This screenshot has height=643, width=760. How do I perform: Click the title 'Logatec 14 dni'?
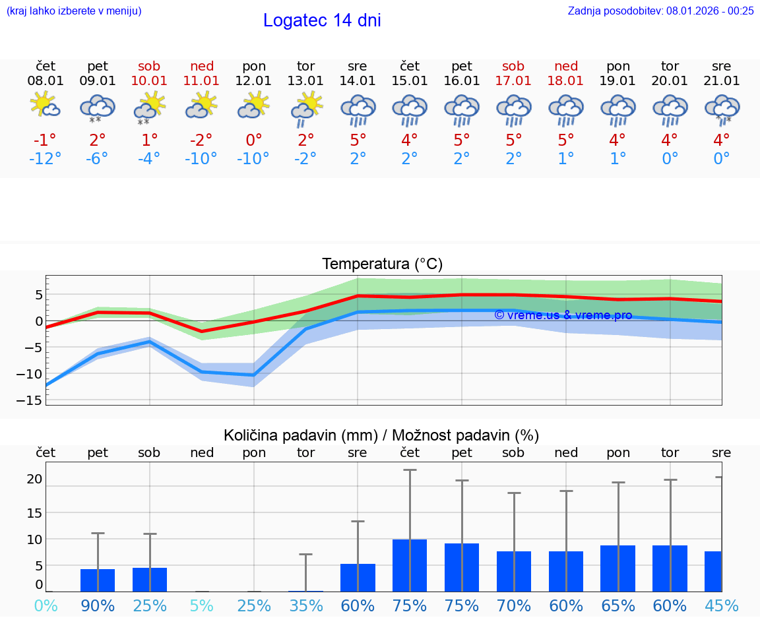click(322, 20)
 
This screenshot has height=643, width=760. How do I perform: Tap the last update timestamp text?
click(660, 11)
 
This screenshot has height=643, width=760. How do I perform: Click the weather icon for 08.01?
click(46, 106)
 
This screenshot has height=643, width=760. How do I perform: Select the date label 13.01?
click(305, 81)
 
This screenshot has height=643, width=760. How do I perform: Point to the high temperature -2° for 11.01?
click(202, 140)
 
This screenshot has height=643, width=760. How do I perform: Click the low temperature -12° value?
click(46, 159)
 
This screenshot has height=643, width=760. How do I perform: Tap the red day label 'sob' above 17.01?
click(513, 66)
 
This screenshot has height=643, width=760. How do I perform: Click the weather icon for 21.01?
click(721, 107)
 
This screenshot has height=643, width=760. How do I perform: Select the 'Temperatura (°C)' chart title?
click(382, 264)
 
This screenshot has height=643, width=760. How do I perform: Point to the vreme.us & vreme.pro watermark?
click(563, 315)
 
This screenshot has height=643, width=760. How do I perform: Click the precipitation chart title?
click(381, 435)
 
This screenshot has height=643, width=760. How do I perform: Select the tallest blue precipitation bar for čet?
click(410, 565)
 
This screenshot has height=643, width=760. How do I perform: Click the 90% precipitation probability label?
click(98, 605)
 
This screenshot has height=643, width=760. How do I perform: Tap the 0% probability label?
click(46, 605)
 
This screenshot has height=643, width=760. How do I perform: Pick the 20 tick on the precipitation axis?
click(34, 479)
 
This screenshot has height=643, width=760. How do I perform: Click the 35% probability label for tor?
click(305, 605)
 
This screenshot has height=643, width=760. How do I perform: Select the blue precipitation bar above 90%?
click(98, 580)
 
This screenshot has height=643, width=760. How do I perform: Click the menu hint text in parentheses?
click(74, 11)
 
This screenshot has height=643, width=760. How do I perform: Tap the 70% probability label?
click(513, 605)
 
